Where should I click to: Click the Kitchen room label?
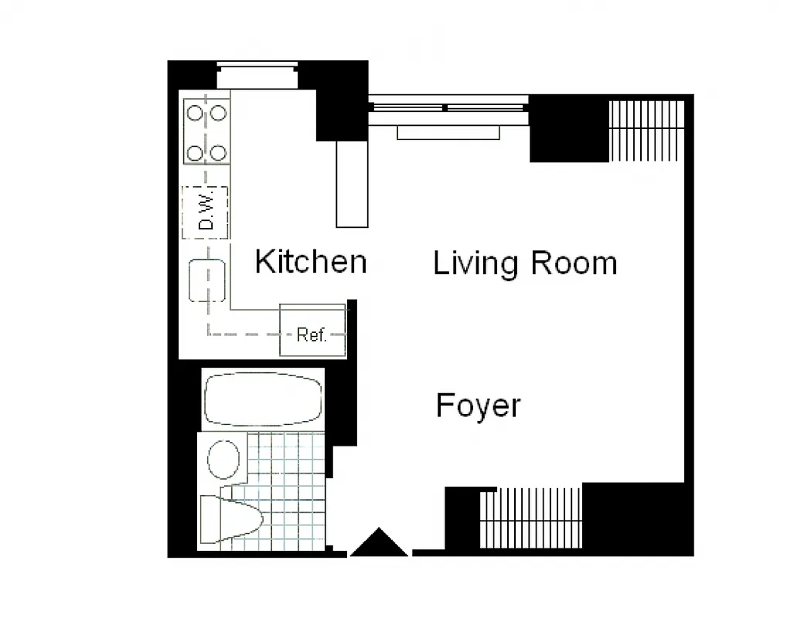click(x=311, y=262)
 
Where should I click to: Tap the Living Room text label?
click(x=525, y=263)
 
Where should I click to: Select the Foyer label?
click(x=478, y=406)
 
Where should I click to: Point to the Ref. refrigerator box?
click(x=312, y=334)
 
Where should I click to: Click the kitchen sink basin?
click(x=207, y=280)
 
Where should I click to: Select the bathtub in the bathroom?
click(x=263, y=399)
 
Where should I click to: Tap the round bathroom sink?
click(x=224, y=460)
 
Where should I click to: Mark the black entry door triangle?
click(x=379, y=544)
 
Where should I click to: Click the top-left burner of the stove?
click(x=195, y=113)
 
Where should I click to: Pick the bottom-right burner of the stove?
click(x=219, y=152)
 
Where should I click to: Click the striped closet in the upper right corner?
click(x=647, y=131)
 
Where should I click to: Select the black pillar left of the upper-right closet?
click(x=568, y=129)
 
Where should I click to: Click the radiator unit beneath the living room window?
click(x=448, y=133)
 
